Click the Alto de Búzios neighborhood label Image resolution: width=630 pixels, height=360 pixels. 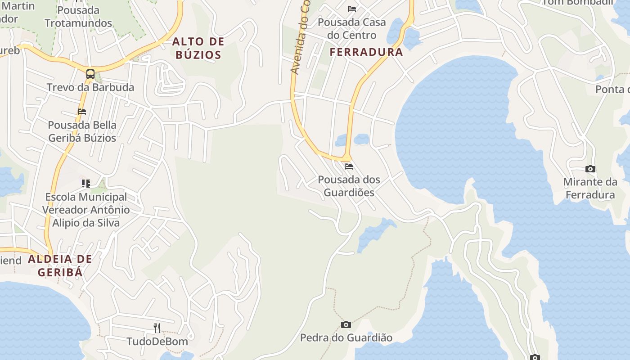[x=198, y=49]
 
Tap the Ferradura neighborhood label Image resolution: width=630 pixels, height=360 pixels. [x=366, y=52]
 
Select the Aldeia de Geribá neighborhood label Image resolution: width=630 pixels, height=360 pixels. [x=60, y=265]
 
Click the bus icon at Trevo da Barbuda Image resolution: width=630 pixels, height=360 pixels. [x=90, y=74]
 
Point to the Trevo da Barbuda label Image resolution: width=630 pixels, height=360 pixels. [x=90, y=87]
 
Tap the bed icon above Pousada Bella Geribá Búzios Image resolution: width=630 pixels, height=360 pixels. [x=81, y=112]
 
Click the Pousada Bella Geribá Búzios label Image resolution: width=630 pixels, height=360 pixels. [x=82, y=131]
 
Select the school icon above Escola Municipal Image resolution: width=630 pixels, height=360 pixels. [x=85, y=183]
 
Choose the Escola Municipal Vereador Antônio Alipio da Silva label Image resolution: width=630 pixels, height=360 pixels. [x=85, y=210]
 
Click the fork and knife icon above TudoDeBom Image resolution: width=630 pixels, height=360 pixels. [x=157, y=328]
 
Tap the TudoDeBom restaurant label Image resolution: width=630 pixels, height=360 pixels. [x=157, y=342]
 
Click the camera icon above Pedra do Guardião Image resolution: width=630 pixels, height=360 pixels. [x=346, y=324]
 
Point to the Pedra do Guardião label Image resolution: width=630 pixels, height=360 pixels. [x=346, y=337]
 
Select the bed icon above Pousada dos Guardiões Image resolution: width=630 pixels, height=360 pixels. [x=349, y=166]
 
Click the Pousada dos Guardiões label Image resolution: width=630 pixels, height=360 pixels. [x=349, y=186]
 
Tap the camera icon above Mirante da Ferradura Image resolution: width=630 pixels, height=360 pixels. [x=590, y=169]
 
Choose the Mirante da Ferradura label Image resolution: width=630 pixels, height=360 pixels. [x=590, y=189]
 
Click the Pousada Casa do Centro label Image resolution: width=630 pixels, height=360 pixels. [x=352, y=29]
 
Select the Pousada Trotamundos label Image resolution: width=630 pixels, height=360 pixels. [x=78, y=17]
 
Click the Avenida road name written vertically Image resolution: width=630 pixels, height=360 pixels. [x=300, y=38]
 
